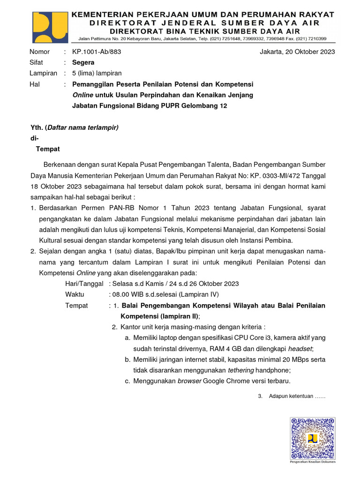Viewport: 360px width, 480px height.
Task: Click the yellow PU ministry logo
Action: [49, 27]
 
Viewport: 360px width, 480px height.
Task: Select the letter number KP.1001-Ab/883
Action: [97, 52]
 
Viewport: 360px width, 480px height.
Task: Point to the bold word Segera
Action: [83, 62]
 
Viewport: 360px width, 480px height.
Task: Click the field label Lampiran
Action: [43, 73]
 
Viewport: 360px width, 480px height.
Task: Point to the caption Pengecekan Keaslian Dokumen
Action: [313, 462]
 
